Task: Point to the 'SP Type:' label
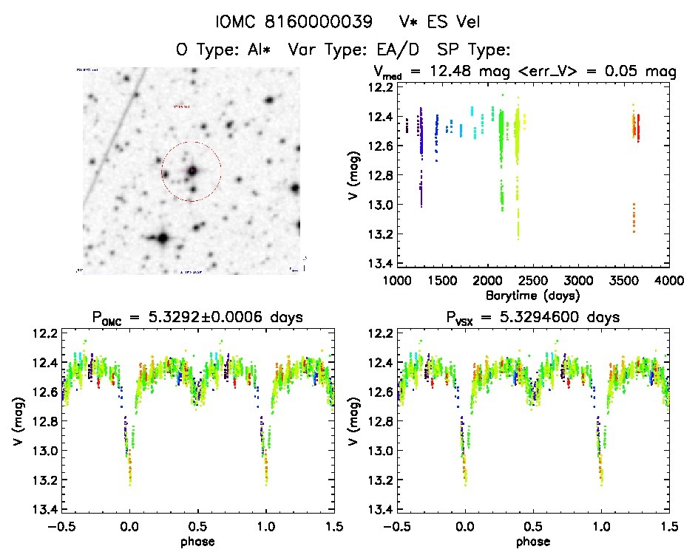pos(474,50)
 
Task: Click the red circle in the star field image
pos(192,171)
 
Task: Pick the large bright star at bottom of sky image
pos(161,239)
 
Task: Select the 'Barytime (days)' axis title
pos(532,295)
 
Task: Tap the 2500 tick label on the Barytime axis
pos(532,281)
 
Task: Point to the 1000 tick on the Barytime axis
pos(397,281)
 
